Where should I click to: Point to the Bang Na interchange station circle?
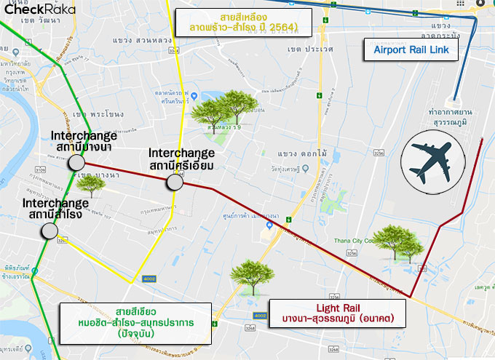click(76, 164)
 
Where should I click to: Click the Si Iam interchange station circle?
click(174, 182)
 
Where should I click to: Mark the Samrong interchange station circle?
click(49, 231)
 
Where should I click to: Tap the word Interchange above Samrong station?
click(55, 203)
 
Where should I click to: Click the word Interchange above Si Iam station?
click(181, 153)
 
